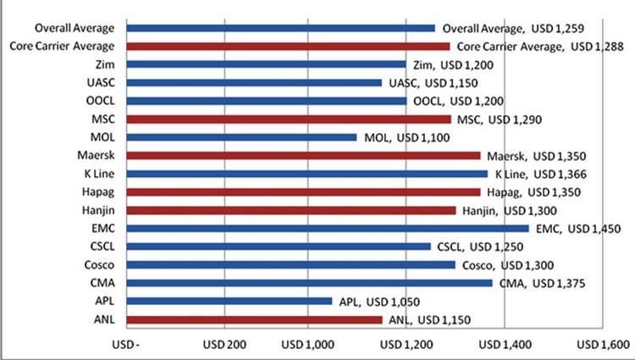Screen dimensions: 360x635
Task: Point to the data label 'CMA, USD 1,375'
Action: click(543, 283)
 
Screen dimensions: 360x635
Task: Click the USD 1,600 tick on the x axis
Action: click(602, 345)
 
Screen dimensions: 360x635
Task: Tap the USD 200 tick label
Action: click(224, 345)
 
